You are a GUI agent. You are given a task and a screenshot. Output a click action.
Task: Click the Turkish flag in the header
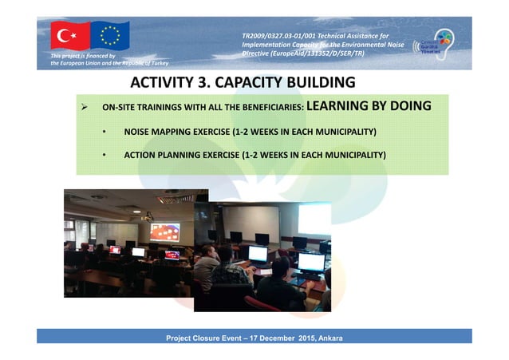70,36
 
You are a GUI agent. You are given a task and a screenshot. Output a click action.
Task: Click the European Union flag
109,36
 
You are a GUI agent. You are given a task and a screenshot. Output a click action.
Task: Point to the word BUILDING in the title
318,83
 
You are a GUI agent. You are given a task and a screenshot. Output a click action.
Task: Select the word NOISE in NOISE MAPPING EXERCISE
139,131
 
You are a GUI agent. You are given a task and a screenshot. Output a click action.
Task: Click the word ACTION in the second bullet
142,154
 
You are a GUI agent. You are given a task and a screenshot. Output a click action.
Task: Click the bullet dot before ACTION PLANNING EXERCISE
105,154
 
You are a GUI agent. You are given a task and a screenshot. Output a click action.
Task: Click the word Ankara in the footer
329,338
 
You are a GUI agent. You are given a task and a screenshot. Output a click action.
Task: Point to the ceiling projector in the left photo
146,216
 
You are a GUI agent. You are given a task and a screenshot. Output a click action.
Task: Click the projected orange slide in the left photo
164,232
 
